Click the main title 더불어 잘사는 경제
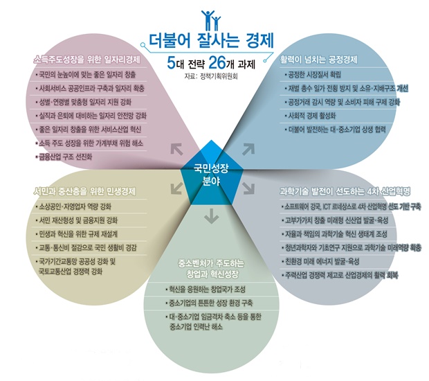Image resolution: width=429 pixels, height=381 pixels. tap(211, 41)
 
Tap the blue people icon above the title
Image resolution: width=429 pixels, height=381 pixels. tap(211, 20)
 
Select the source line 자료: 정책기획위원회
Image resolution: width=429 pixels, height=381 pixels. tap(211, 76)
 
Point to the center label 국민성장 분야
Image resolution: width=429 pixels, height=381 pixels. tap(211, 175)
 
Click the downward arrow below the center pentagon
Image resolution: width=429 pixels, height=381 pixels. tap(212, 216)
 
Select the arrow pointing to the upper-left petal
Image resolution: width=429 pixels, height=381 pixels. tap(176, 149)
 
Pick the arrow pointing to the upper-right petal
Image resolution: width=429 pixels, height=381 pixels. tap(248, 149)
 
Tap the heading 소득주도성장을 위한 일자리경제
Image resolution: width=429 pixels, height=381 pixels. tap(86, 60)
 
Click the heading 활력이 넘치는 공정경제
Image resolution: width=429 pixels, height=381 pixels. tap(319, 60)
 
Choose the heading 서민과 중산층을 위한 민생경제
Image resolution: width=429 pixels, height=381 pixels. tap(84, 191)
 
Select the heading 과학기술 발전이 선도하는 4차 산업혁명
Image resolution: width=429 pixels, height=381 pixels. tap(345, 191)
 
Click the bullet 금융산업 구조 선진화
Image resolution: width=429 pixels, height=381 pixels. tap(64, 157)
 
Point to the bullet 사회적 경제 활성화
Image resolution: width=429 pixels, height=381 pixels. tap(310, 116)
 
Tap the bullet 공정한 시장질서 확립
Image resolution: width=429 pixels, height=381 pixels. tap(313, 75)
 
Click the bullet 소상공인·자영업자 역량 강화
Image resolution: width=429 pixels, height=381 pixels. tap(73, 206)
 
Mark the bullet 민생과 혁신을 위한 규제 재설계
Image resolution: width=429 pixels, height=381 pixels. tap(77, 234)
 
